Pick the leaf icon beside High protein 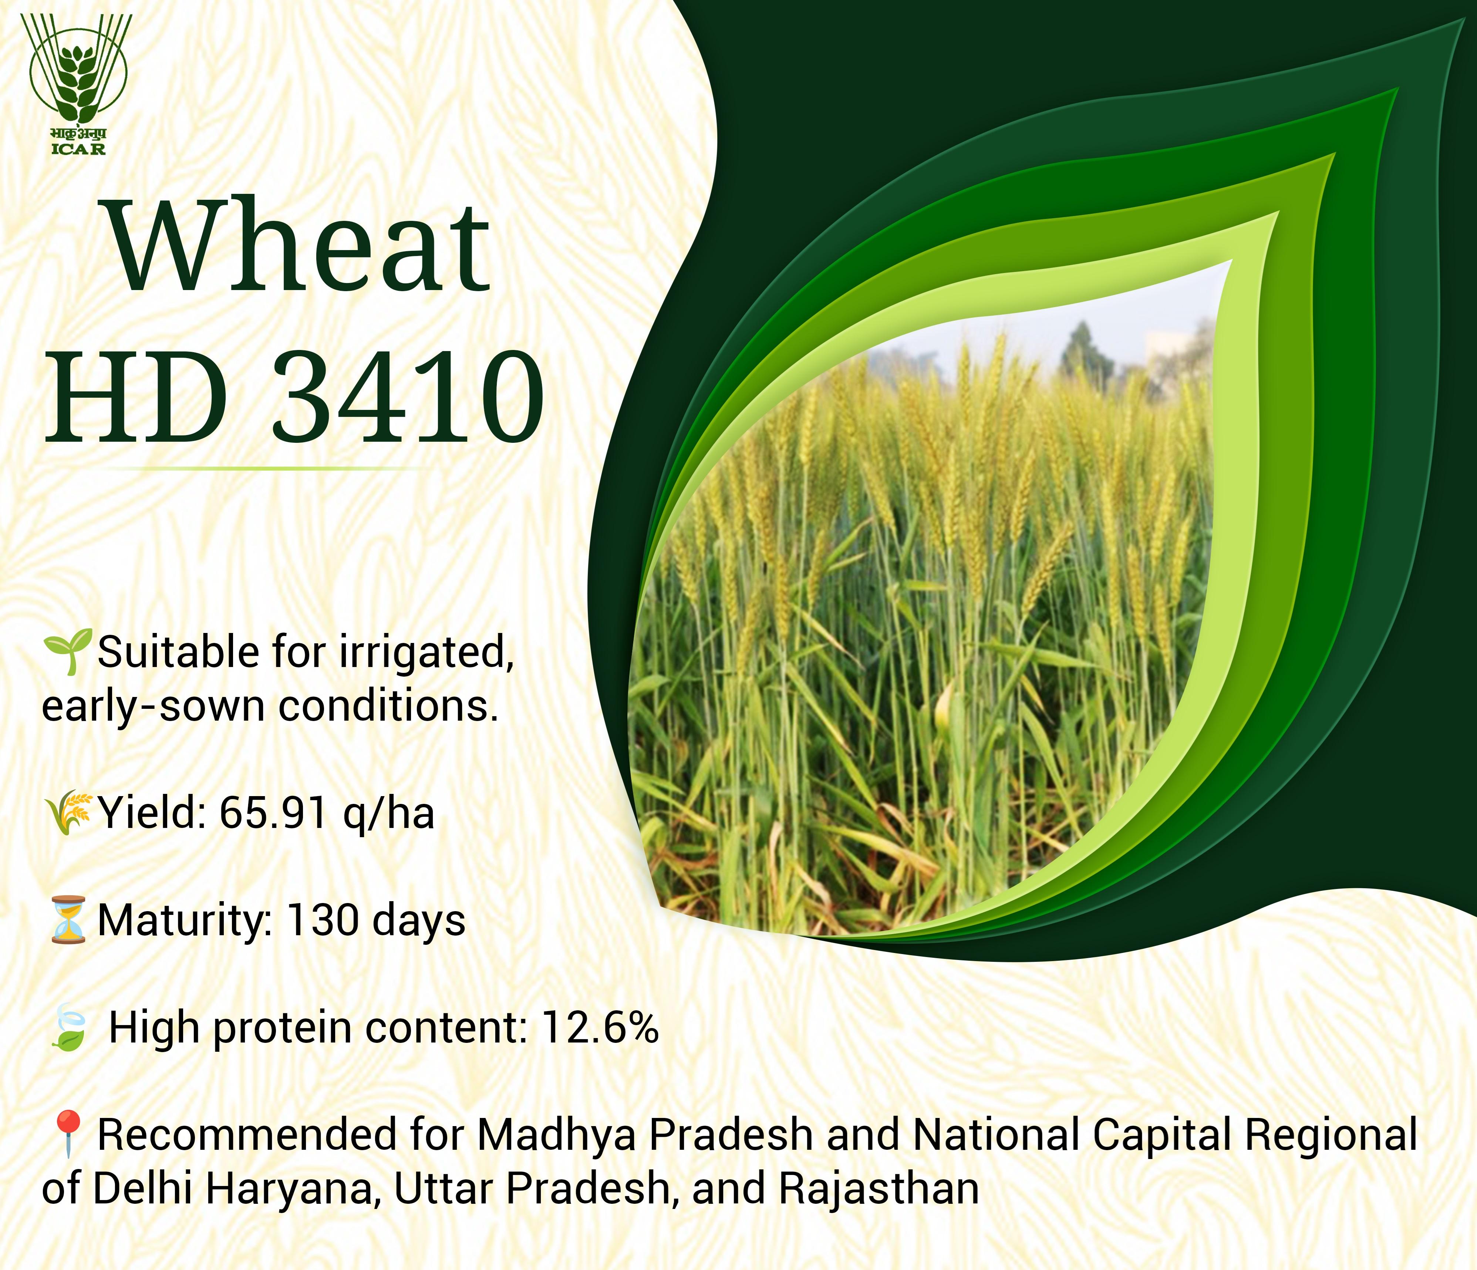[x=68, y=1029]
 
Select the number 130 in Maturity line [x=321, y=920]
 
